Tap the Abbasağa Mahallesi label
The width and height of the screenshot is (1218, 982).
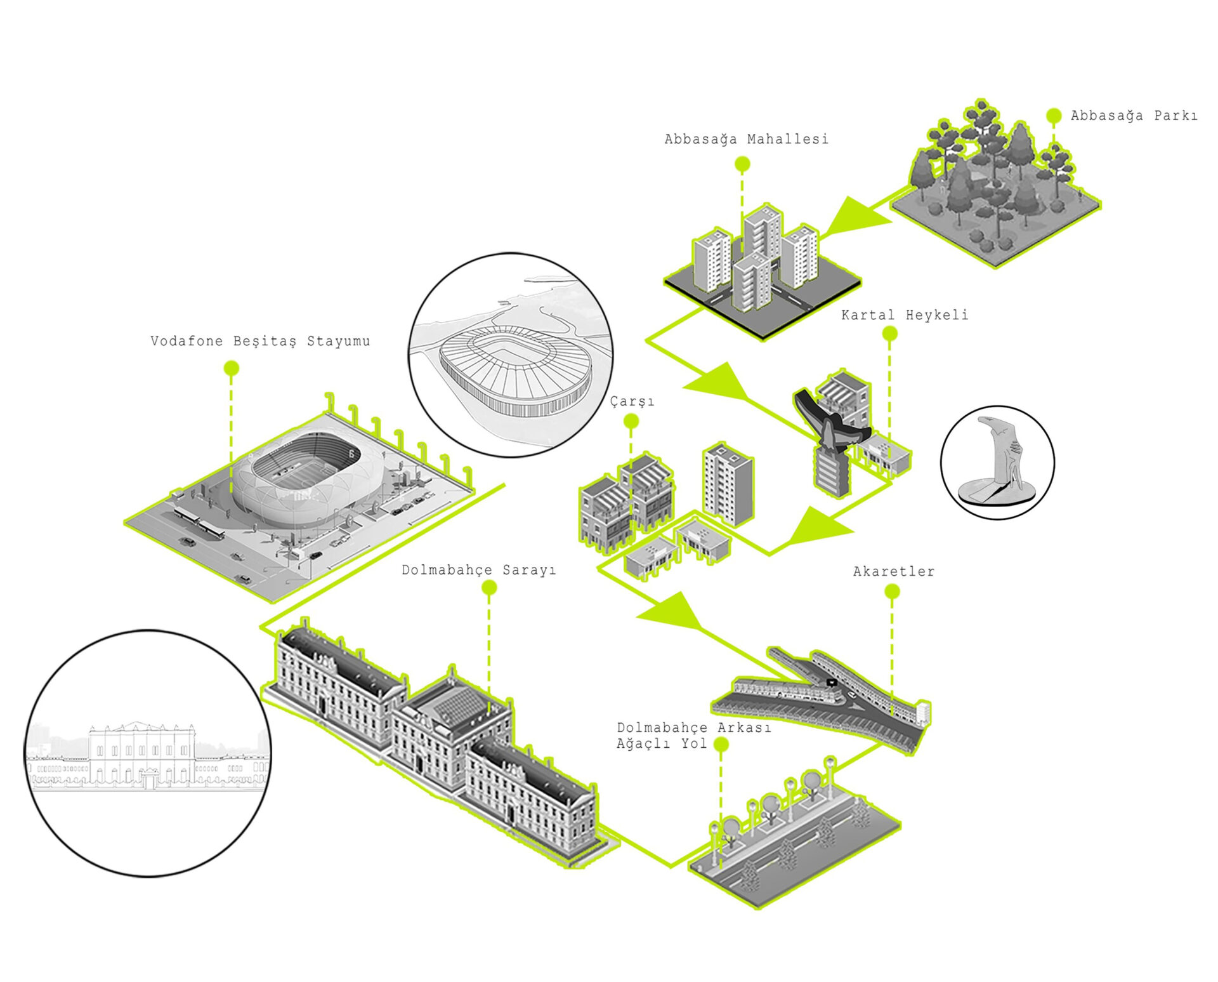[746, 139]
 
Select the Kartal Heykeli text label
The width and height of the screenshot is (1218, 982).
[905, 315]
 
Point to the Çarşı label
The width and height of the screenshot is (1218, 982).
[632, 402]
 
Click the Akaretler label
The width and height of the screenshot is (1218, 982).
[893, 571]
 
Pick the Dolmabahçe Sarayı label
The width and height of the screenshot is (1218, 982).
[478, 570]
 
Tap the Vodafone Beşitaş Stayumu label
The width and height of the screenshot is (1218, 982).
[260, 341]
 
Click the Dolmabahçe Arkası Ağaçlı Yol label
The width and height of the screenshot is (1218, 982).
[693, 735]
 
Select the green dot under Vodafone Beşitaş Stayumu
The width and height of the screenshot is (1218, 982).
[232, 368]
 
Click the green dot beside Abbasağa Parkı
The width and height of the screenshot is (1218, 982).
[1054, 116]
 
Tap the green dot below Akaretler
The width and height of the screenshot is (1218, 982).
[892, 592]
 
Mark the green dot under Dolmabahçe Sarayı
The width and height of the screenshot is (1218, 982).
[488, 588]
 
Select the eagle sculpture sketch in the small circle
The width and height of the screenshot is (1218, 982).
[998, 462]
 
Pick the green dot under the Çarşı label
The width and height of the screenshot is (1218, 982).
[631, 421]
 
